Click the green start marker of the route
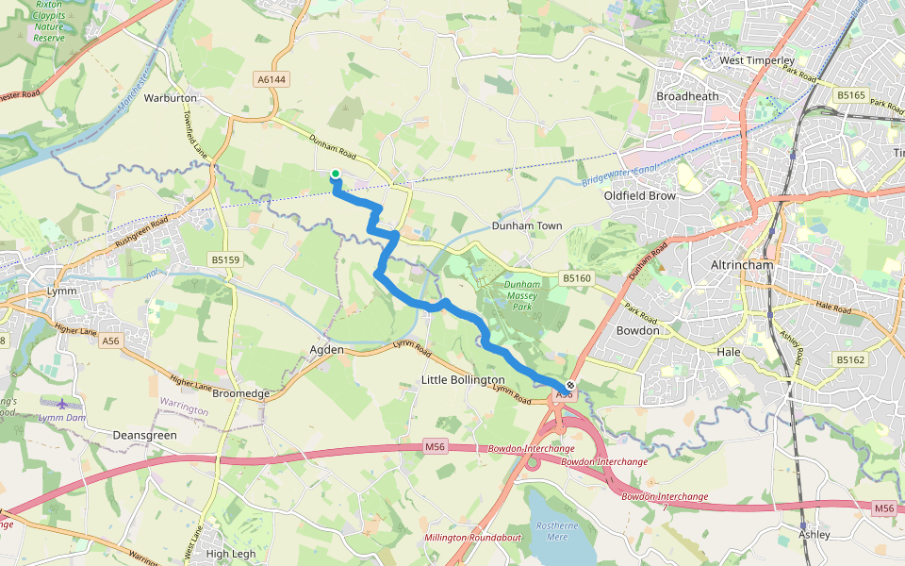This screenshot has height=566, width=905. pyautogui.click(x=335, y=174)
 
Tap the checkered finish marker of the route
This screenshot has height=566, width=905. pyautogui.click(x=569, y=385)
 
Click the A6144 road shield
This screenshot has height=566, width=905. pyautogui.click(x=271, y=80)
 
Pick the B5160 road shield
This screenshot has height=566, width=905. pyautogui.click(x=576, y=278)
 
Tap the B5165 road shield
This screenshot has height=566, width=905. pyautogui.click(x=850, y=95)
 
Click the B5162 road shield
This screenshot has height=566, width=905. pyautogui.click(x=849, y=359)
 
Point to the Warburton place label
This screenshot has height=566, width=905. pyautogui.click(x=170, y=98)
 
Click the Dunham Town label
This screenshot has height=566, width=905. pyautogui.click(x=527, y=226)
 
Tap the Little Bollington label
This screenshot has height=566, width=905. pyautogui.click(x=463, y=379)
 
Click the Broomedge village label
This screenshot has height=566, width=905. pyautogui.click(x=241, y=393)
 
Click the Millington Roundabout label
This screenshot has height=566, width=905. pyautogui.click(x=473, y=537)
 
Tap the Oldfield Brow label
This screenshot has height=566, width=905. pyautogui.click(x=640, y=196)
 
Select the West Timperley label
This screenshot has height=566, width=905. pyautogui.click(x=757, y=60)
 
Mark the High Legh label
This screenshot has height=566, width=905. pyautogui.click(x=230, y=554)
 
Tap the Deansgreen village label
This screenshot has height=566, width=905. pyautogui.click(x=144, y=436)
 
